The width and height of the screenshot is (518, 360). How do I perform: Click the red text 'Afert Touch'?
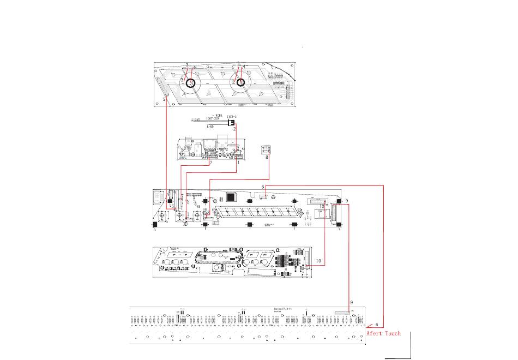pos(383,333)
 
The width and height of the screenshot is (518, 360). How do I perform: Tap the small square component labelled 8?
pos(266,149)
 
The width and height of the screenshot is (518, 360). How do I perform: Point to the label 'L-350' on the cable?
pos(196,119)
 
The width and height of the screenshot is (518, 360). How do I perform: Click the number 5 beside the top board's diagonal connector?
pos(164,100)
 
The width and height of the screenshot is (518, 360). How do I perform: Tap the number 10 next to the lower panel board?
pos(318,261)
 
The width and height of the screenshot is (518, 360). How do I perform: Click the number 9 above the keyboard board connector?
pos(352,302)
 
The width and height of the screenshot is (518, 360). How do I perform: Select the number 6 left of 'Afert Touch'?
pos(376,325)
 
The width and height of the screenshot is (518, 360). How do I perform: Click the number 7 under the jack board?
pos(210,163)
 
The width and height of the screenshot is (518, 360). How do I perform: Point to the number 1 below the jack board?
pos(238,162)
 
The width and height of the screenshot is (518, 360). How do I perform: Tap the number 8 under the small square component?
pos(267,158)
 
